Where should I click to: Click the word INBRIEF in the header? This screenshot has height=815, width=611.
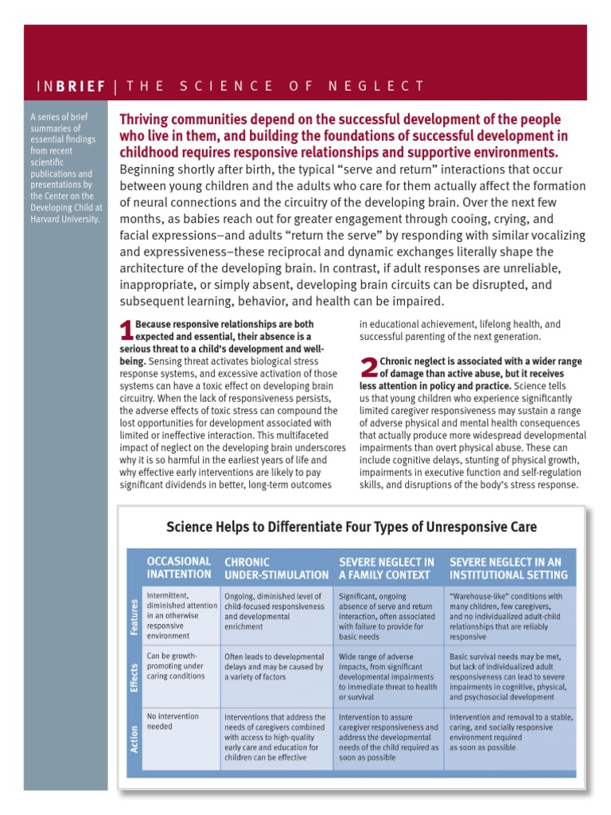pos(71,86)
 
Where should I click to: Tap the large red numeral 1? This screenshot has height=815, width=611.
pos(126,330)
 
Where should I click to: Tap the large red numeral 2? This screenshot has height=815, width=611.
pos(368,368)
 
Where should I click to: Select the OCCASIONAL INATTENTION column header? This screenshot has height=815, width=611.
pos(179,567)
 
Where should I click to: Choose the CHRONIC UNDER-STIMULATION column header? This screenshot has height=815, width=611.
pos(276,567)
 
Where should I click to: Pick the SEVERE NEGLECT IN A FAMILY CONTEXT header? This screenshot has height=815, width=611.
pos(387,567)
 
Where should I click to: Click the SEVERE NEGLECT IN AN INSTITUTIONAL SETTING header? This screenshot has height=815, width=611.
pos(508,567)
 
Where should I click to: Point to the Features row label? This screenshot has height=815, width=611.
pos(133,617)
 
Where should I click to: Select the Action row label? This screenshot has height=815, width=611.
pos(133,739)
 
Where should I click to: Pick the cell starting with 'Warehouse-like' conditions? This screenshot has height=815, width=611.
pos(509,616)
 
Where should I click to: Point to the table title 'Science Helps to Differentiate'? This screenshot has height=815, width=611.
pos(351,527)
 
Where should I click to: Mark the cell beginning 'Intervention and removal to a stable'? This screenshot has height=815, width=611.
pos(510,732)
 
